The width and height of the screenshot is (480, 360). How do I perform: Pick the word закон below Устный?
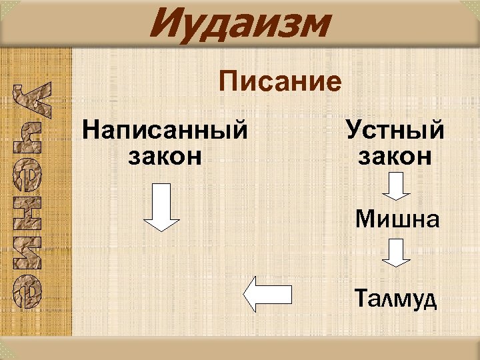[x=395, y=156]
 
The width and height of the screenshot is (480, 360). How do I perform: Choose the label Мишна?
[x=397, y=219]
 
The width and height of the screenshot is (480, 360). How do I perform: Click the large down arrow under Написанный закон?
[x=162, y=207]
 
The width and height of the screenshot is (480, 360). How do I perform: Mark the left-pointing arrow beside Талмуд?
[x=267, y=295]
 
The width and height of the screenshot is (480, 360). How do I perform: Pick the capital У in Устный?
[x=353, y=129]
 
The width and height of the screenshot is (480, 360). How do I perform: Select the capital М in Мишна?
[x=365, y=219]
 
